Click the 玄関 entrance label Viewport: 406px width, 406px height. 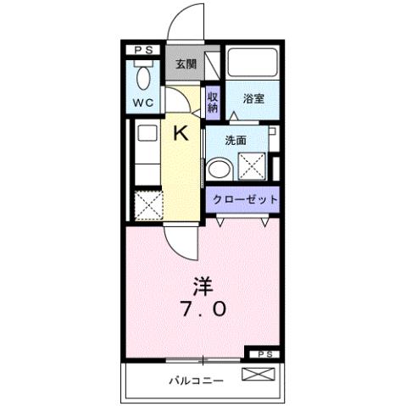pyautogui.click(x=185, y=64)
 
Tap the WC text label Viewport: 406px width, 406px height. pyautogui.click(x=142, y=104)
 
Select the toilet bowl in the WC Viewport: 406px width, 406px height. pyautogui.click(x=144, y=78)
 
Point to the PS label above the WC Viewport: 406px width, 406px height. pyautogui.click(x=143, y=51)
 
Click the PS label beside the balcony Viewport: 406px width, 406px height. pyautogui.click(x=264, y=353)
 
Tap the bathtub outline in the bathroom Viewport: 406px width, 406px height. pyautogui.click(x=253, y=64)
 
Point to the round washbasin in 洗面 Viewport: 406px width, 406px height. pyautogui.click(x=218, y=167)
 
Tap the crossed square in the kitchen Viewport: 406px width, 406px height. pyautogui.click(x=147, y=205)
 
